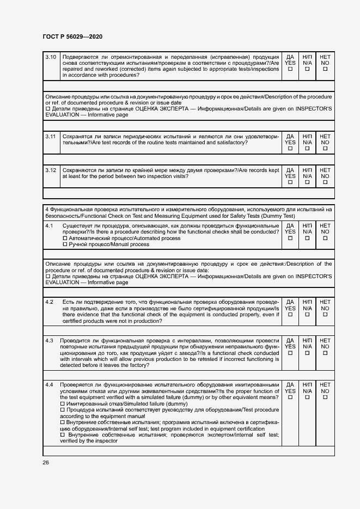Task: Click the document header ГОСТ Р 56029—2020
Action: (72, 36)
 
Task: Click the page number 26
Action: (46, 462)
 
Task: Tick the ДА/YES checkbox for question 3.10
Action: (290, 69)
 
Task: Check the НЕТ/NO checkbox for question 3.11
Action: (325, 149)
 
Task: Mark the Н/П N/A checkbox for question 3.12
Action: (308, 182)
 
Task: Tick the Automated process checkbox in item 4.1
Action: (65, 238)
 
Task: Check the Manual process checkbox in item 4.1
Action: (65, 244)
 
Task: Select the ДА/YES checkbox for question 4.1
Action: (290, 238)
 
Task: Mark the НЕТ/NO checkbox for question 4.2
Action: (325, 314)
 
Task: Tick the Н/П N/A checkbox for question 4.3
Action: (308, 353)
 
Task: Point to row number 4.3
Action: (49, 341)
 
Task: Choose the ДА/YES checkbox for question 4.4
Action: (290, 397)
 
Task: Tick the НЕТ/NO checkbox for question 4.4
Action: (325, 397)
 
